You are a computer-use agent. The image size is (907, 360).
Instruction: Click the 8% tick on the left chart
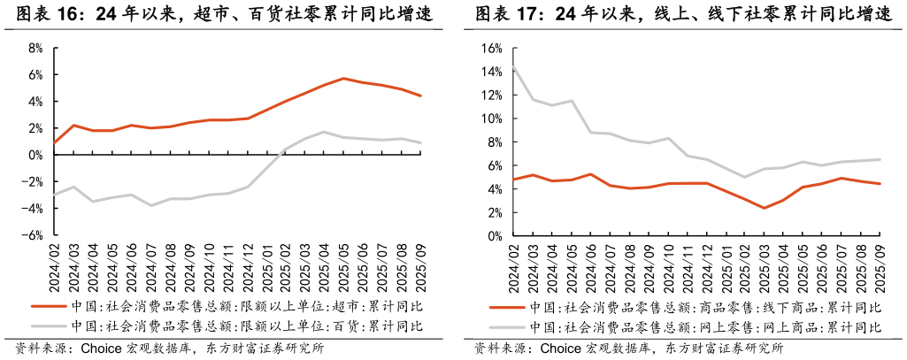[35, 48]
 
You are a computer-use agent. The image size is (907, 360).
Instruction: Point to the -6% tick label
[34, 235]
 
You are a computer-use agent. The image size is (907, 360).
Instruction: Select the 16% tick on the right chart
[491, 48]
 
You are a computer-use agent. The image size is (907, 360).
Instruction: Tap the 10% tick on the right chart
[491, 119]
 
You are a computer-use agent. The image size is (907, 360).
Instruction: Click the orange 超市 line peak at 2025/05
[344, 79]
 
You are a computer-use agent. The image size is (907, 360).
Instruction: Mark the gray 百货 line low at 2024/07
[151, 205]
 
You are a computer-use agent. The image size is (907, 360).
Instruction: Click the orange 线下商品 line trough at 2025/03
[764, 208]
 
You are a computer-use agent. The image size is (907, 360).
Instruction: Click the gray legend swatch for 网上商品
[507, 327]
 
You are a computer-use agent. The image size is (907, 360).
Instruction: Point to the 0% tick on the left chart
[35, 155]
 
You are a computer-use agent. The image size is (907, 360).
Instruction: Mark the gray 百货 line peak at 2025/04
[325, 132]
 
